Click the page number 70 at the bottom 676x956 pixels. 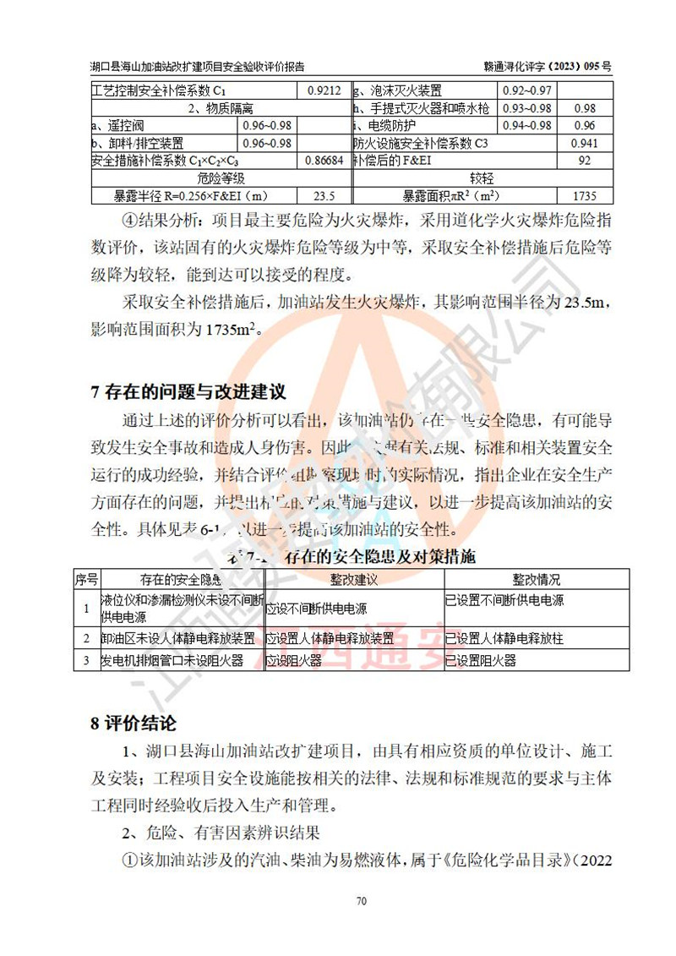pyautogui.click(x=361, y=901)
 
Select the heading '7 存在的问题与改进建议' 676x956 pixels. pyautogui.click(x=188, y=391)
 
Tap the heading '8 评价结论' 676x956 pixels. pyautogui.click(x=134, y=723)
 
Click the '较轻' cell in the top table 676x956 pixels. pyautogui.click(x=481, y=178)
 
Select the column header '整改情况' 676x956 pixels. pyautogui.click(x=536, y=580)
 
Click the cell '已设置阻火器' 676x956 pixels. pyautogui.click(x=481, y=660)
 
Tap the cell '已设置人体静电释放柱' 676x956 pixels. pyautogui.click(x=504, y=637)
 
